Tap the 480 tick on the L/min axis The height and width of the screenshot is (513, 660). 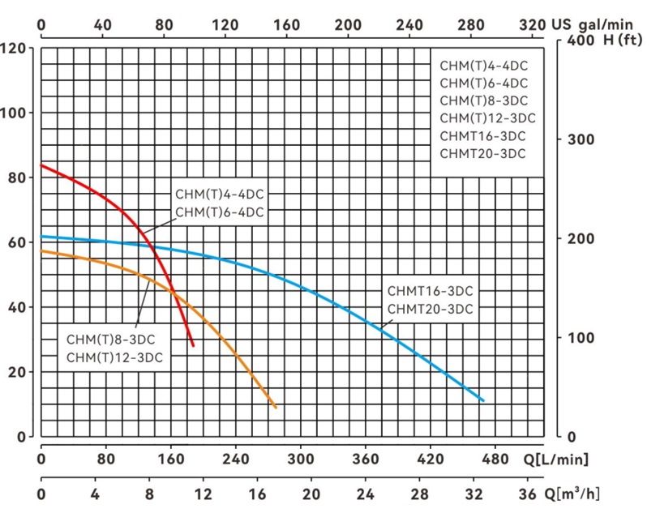495,460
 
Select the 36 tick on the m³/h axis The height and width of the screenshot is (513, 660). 526,494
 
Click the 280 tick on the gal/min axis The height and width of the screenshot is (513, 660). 471,25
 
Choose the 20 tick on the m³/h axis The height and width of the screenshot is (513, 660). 311,494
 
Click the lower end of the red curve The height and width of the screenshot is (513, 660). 193,346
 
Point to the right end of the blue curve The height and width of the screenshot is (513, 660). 483,400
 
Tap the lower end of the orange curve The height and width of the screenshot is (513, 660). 276,408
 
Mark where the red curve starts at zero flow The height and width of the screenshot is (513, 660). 41,165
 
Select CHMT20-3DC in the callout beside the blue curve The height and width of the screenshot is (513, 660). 430,309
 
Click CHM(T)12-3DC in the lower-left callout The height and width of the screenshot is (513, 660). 114,357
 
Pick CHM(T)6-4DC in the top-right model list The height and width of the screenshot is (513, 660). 484,83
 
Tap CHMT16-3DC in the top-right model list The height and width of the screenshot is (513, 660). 482,135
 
